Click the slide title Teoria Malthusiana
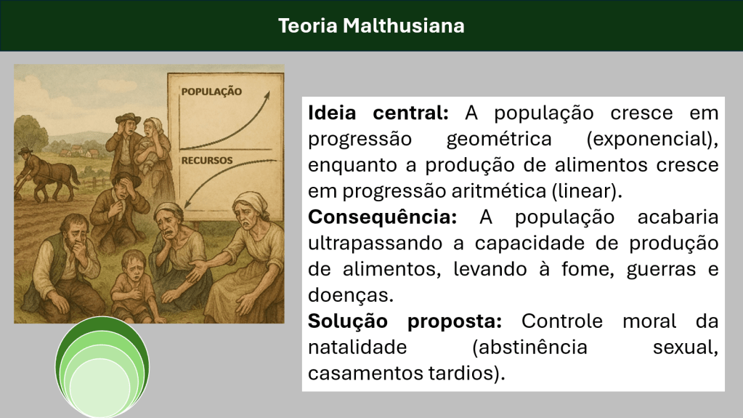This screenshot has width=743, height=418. pos(371,25)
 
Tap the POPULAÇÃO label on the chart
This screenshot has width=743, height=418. pos(211,92)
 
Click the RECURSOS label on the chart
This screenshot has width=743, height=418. pos(207,161)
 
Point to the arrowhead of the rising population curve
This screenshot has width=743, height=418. pos(267,95)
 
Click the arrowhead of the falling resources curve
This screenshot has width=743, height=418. pos(187,204)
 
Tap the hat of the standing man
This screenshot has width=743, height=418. pos(128,118)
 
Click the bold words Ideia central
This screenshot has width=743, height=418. pos(378,113)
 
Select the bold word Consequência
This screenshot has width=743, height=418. pos(383,217)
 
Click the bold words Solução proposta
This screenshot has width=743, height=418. pos(405,322)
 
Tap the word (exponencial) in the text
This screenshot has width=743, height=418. pos(652,139)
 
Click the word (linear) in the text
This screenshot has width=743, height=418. pos(587,191)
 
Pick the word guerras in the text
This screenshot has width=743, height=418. pos(661,270)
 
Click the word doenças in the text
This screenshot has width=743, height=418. pos(351,295)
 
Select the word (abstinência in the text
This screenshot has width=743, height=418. pos(529,347)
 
